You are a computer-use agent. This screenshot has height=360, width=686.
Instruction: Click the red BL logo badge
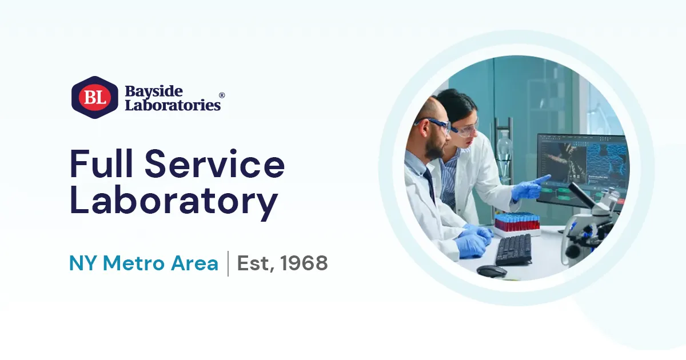(94, 98)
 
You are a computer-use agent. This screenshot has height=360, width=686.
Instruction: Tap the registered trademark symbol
(222, 95)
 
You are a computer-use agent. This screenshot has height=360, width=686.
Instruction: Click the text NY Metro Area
(143, 263)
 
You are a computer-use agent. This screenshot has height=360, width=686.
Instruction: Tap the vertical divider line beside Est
(228, 263)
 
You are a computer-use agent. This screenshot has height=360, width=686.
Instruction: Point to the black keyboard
(513, 249)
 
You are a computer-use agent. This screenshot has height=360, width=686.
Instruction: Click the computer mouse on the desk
(491, 271)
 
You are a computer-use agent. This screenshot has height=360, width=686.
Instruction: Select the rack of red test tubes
(517, 222)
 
